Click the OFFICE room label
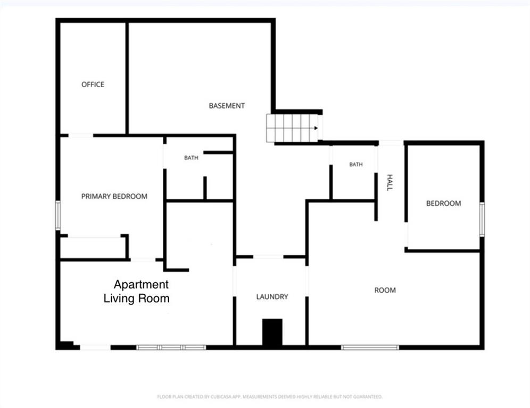(x=93, y=84)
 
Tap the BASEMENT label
(x=227, y=106)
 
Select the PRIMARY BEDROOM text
(x=114, y=197)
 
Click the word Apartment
(x=141, y=285)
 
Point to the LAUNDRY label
(x=272, y=296)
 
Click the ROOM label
(x=385, y=290)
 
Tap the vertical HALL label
(x=390, y=183)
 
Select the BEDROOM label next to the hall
(x=443, y=203)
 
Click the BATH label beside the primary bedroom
(x=191, y=158)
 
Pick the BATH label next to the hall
(x=356, y=164)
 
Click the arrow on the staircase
(x=316, y=128)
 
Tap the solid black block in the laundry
(x=272, y=332)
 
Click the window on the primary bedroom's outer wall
(x=58, y=215)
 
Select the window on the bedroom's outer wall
(x=482, y=219)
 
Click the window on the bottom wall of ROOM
(x=370, y=347)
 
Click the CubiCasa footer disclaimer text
(x=270, y=397)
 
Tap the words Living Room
(x=137, y=299)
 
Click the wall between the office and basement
(x=127, y=78)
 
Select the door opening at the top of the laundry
(x=268, y=257)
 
